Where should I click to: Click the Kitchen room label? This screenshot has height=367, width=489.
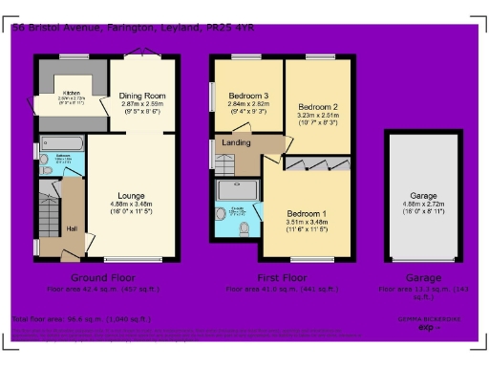click(72, 91)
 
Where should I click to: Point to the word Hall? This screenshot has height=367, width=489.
click(73, 227)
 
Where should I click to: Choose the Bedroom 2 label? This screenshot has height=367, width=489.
click(316, 105)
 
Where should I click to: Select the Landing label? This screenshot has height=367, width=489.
click(237, 143)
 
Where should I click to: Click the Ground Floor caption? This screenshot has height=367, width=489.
click(95, 277)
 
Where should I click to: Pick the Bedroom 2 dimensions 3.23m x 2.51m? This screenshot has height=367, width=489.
click(317, 115)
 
